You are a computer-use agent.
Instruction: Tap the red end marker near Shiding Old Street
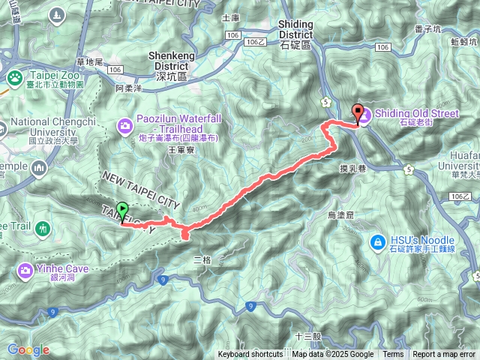(x=358, y=114)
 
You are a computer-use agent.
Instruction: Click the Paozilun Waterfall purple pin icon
(x=124, y=124)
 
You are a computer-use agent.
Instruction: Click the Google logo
(x=28, y=349)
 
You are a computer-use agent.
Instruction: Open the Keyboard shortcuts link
(x=250, y=355)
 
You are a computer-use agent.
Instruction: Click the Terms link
(x=393, y=355)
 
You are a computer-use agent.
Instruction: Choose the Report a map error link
(x=444, y=355)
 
